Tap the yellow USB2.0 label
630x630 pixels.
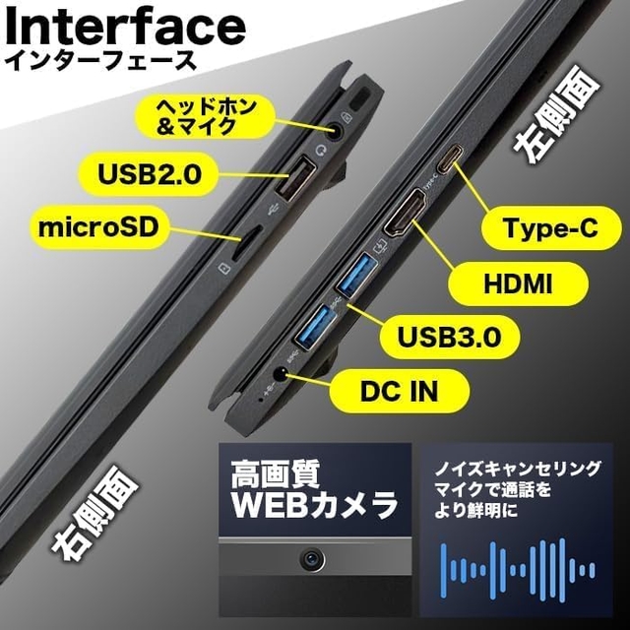[x=149, y=175]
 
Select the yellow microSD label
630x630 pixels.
[x=98, y=227]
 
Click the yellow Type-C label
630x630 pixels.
[x=551, y=227]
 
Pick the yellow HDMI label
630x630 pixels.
[x=518, y=283]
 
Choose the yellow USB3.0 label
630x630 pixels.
[x=449, y=337]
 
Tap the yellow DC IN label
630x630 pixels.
[x=399, y=392]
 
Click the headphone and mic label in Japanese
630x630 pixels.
[x=206, y=116]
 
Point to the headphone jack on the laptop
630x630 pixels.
[x=335, y=130]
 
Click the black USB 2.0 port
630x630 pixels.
[x=295, y=178]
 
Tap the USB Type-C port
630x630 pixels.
[x=449, y=158]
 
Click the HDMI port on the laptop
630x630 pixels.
[x=405, y=213]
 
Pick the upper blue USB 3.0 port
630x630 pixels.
[x=356, y=276]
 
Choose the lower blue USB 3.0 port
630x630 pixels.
[x=316, y=326]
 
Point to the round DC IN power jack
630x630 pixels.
[x=281, y=375]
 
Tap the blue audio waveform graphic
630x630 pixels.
[x=518, y=570]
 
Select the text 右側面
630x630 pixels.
[x=94, y=513]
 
